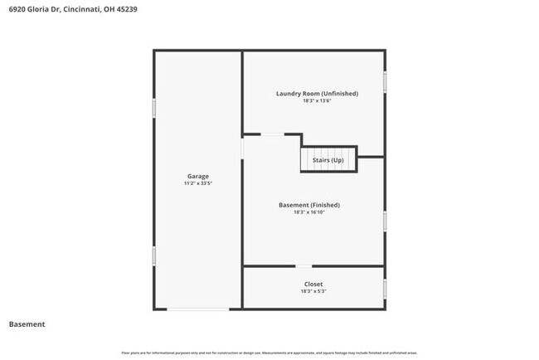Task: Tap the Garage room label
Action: click(197, 177)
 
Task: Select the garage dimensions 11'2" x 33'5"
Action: click(197, 184)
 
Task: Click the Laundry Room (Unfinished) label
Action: click(317, 94)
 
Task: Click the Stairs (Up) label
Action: click(328, 160)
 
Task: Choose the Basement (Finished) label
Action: click(309, 205)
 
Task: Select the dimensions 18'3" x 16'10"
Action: click(309, 212)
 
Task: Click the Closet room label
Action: click(313, 285)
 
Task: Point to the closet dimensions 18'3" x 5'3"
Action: click(313, 292)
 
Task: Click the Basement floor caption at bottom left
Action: click(27, 324)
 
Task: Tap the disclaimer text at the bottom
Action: click(269, 352)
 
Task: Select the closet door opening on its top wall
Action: click(304, 266)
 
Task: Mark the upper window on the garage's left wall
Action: click(154, 109)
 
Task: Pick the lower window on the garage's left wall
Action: click(154, 255)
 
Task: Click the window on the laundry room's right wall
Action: click(385, 81)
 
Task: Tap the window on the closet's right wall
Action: click(385, 289)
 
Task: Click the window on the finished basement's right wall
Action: click(385, 221)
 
